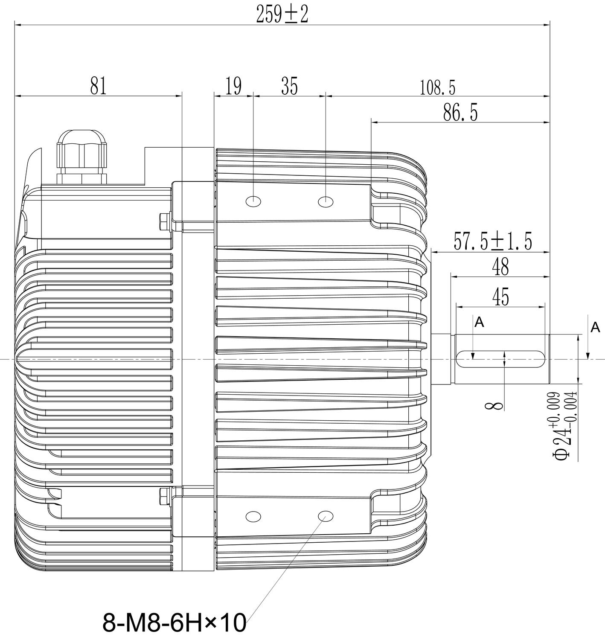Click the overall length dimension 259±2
click(x=282, y=15)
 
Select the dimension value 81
click(x=98, y=86)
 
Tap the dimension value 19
click(x=233, y=86)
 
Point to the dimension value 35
click(x=289, y=86)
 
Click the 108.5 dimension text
click(x=438, y=88)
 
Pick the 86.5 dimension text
click(x=460, y=113)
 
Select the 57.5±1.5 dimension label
click(x=493, y=242)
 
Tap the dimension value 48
click(x=500, y=268)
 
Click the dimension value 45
click(x=500, y=297)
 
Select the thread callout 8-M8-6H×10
click(x=174, y=623)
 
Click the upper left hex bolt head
click(x=163, y=221)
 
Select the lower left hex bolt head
click(x=163, y=496)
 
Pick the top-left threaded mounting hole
click(x=253, y=201)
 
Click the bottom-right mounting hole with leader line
click(x=326, y=516)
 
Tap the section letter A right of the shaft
click(x=595, y=328)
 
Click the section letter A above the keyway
click(x=480, y=323)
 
